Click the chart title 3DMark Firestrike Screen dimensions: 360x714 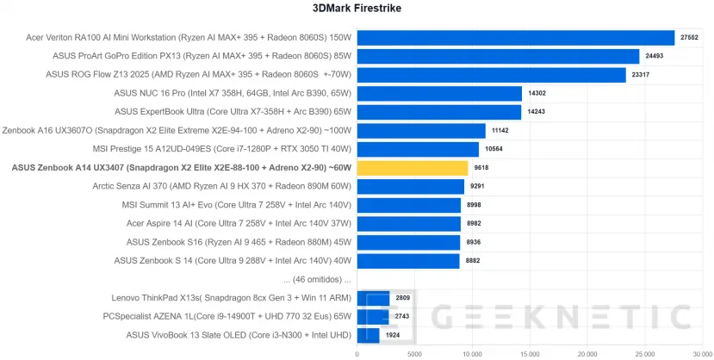[x=357, y=9]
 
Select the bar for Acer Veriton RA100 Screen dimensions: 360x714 [x=515, y=38]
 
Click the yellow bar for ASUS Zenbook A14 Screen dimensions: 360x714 [x=412, y=168]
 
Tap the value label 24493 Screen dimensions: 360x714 [x=654, y=57]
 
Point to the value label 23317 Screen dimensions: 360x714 [x=640, y=75]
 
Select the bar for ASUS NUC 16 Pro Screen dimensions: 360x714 [x=439, y=94]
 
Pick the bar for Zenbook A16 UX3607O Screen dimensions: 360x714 [x=420, y=131]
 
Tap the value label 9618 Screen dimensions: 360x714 [x=482, y=168]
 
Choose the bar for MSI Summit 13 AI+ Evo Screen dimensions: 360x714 [x=408, y=205]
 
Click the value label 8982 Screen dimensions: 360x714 [x=475, y=223]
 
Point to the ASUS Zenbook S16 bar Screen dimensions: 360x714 [x=408, y=242]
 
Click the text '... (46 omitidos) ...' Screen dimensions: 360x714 [x=316, y=279]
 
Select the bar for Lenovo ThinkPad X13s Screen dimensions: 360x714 [x=373, y=298]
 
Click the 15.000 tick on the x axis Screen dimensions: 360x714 [x=529, y=353]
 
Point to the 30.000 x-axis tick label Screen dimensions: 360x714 [x=701, y=353]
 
